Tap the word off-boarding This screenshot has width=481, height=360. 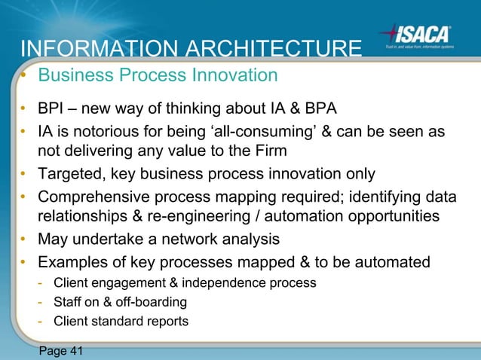[x=152, y=302]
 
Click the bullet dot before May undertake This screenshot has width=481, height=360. [x=25, y=239]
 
